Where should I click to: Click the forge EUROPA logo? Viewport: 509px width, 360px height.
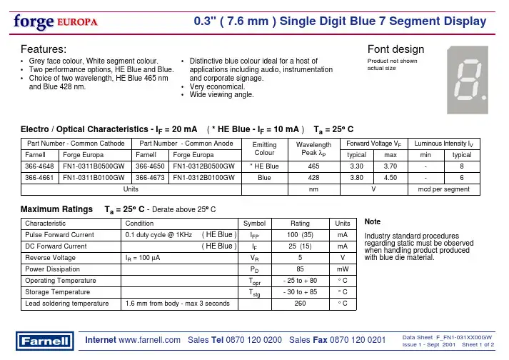click(54, 21)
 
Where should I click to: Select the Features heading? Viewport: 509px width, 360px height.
click(44, 49)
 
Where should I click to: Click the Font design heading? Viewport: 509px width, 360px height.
click(395, 49)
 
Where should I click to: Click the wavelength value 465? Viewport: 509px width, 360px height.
click(313, 165)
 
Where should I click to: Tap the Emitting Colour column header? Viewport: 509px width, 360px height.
click(265, 147)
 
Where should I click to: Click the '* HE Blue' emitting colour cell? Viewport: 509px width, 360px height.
click(265, 165)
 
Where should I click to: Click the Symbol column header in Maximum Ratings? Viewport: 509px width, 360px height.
click(255, 223)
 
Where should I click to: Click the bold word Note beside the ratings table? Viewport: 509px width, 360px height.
click(373, 222)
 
